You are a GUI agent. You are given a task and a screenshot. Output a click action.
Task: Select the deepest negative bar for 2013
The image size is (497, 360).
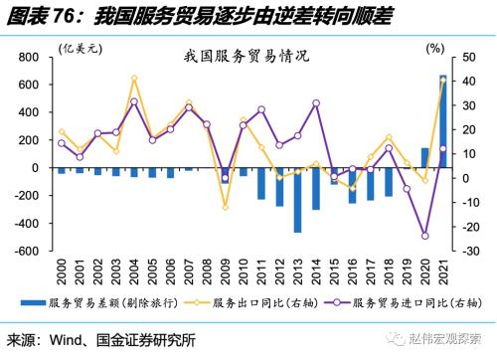[x=297, y=199]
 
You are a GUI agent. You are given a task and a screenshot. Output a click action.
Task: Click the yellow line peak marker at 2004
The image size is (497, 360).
[x=134, y=78]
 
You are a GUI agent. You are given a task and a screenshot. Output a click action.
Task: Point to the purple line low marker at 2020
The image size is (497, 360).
[x=425, y=236]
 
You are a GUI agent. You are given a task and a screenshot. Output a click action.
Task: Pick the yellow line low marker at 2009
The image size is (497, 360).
[x=225, y=207]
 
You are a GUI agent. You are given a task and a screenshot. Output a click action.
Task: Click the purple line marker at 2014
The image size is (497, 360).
[x=316, y=103]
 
